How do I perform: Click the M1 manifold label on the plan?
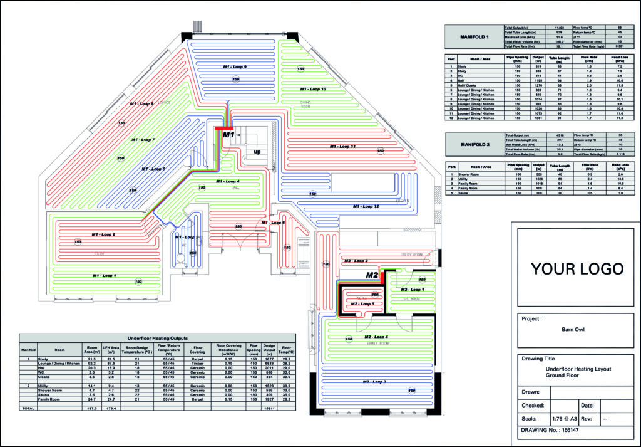pyautogui.click(x=228, y=134)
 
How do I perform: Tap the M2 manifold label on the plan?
pyautogui.click(x=372, y=275)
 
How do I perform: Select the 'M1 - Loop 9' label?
pyautogui.click(x=235, y=66)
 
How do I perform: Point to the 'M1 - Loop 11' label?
pyautogui.click(x=343, y=146)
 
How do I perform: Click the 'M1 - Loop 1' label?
pyautogui.click(x=105, y=275)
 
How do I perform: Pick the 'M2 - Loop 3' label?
pyautogui.click(x=374, y=381)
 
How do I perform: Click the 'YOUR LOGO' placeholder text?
pyautogui.click(x=577, y=269)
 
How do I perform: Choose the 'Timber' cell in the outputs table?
pyautogui.click(x=197, y=363)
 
